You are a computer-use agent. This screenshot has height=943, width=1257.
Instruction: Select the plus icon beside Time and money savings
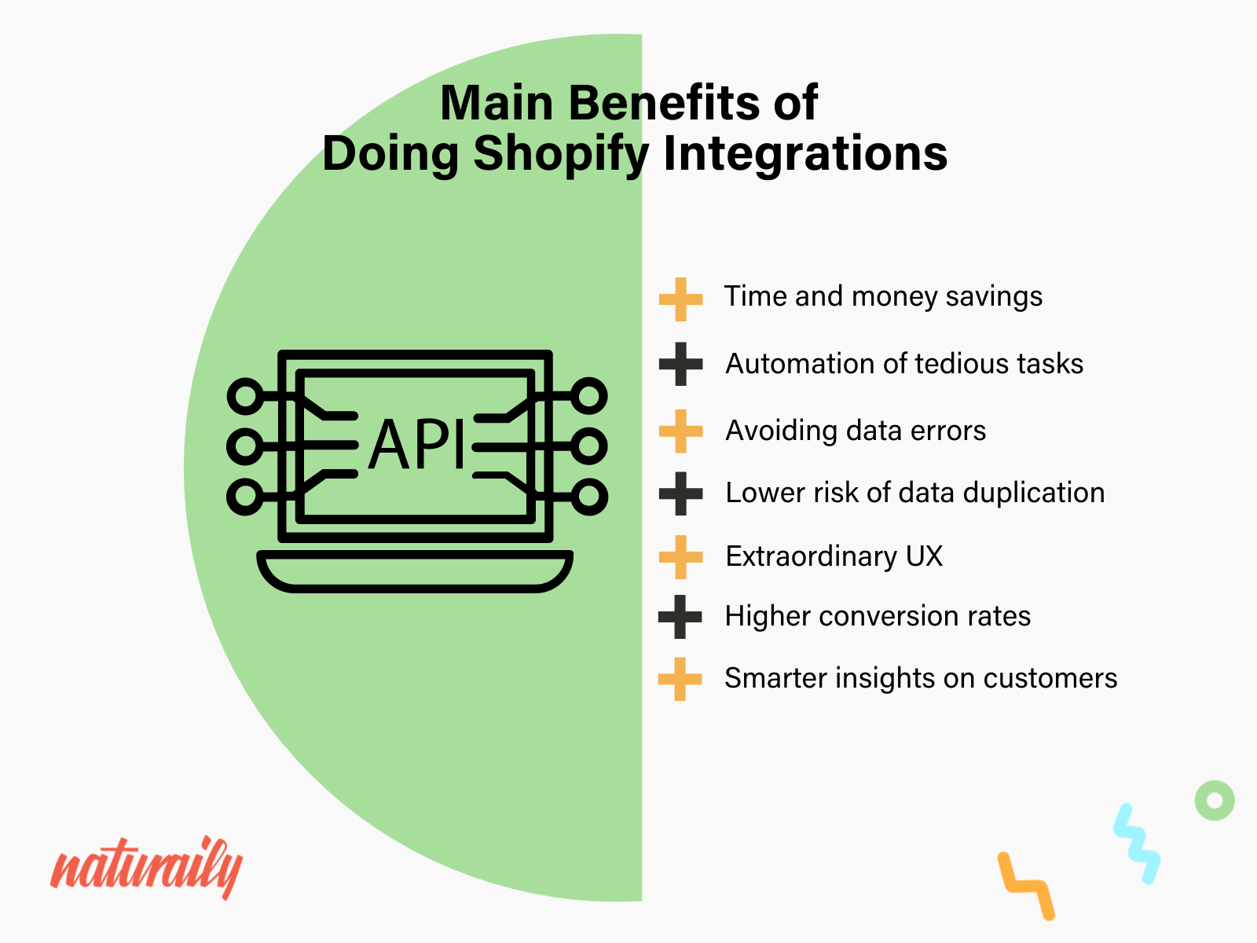coord(680,299)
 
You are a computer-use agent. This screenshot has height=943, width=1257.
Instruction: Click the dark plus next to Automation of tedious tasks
coord(680,364)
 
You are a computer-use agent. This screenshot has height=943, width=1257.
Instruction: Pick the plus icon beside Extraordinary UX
coord(680,556)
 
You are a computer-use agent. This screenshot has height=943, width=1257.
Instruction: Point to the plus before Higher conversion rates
coord(680,617)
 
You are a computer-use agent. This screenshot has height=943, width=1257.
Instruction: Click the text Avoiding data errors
coord(855,431)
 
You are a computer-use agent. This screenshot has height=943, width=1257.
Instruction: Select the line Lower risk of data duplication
coord(914,493)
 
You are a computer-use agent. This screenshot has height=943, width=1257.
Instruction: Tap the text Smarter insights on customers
coord(920,678)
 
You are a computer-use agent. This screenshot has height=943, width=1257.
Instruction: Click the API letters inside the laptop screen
coord(417,446)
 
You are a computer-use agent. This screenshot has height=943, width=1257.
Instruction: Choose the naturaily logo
coord(146,868)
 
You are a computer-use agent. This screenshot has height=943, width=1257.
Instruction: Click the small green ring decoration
coord(1215,801)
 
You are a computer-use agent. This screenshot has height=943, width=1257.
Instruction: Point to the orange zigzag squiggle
coord(1026,885)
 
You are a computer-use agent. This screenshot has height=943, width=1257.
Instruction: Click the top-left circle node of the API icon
coord(246,396)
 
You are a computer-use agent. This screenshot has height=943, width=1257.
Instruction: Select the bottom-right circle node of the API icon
coord(588,497)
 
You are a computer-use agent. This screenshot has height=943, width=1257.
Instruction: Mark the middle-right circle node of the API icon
coord(588,446)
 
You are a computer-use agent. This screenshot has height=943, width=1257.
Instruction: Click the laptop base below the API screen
coord(415,571)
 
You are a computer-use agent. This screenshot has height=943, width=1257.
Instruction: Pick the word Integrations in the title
coord(805,153)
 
